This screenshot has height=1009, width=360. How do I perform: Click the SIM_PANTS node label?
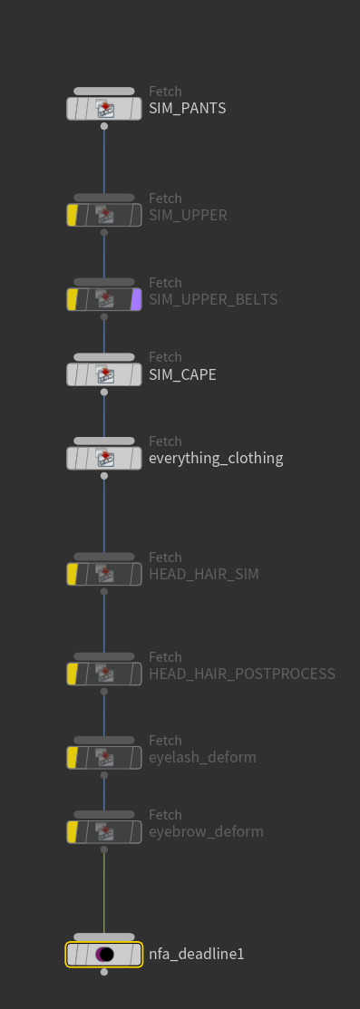pyautogui.click(x=188, y=108)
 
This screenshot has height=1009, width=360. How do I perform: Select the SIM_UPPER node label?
pyautogui.click(x=188, y=215)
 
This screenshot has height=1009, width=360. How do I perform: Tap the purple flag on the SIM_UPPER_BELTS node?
pyautogui.click(x=136, y=300)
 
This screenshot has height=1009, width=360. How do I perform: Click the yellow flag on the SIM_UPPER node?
pyautogui.click(x=73, y=215)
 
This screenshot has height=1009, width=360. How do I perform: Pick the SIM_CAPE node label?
pyautogui.click(x=182, y=374)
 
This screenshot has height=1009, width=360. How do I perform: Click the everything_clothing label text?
pyautogui.click(x=216, y=458)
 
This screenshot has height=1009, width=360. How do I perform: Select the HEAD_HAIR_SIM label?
pyautogui.click(x=203, y=574)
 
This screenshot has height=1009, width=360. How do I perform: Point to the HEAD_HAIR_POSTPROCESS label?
pyautogui.click(x=242, y=674)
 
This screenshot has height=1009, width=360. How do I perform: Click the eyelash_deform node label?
pyautogui.click(x=202, y=757)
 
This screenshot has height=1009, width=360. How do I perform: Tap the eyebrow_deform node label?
pyautogui.click(x=206, y=832)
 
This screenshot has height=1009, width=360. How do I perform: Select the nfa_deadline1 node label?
pyautogui.click(x=197, y=955)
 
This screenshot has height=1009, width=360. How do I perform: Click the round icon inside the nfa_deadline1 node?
pyautogui.click(x=104, y=955)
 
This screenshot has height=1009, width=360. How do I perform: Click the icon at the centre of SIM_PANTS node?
pyautogui.click(x=104, y=108)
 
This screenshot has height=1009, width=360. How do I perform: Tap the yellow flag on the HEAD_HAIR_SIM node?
pyautogui.click(x=73, y=574)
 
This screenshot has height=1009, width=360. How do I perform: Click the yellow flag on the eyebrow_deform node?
pyautogui.click(x=73, y=832)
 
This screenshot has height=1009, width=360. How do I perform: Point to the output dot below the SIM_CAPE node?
pyautogui.click(x=104, y=392)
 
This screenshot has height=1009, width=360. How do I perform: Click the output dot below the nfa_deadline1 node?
pyautogui.click(x=104, y=972)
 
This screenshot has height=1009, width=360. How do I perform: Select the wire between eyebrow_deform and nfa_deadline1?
pyautogui.click(x=104, y=893)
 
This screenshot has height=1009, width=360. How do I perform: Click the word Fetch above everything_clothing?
pyautogui.click(x=166, y=441)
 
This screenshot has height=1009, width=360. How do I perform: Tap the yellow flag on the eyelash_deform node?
pyautogui.click(x=73, y=757)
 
